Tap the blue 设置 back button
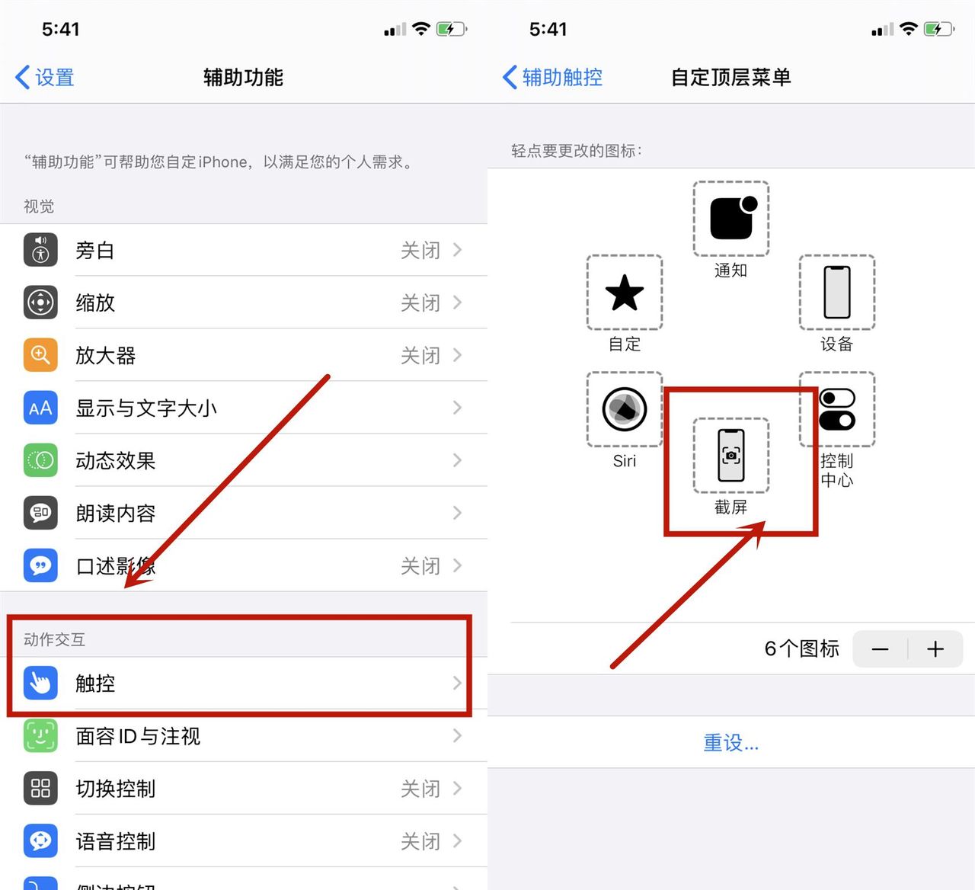(46, 78)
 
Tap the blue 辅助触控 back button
(554, 78)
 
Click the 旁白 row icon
(40, 250)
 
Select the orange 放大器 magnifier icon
(40, 355)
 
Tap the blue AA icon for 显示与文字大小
(40, 408)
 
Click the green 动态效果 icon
(40, 460)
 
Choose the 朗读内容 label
(116, 514)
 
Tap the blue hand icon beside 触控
(40, 683)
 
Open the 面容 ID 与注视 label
(138, 736)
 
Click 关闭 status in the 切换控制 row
(420, 789)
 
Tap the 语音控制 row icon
(40, 840)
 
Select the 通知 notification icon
(731, 219)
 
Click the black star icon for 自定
(625, 293)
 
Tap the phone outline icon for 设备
(836, 293)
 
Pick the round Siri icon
(625, 409)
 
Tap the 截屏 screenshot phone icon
(731, 455)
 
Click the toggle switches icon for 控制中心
(836, 409)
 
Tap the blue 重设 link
(730, 742)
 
